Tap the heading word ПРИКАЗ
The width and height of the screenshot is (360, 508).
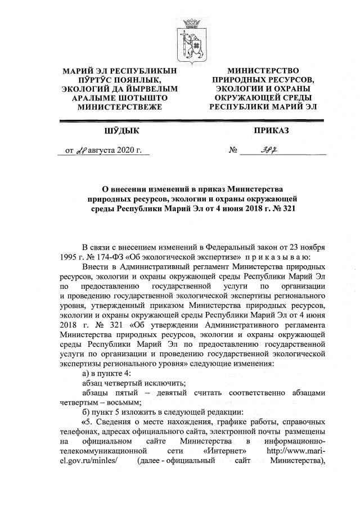pos(271,131)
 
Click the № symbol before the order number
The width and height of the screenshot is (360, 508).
pos(232,151)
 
